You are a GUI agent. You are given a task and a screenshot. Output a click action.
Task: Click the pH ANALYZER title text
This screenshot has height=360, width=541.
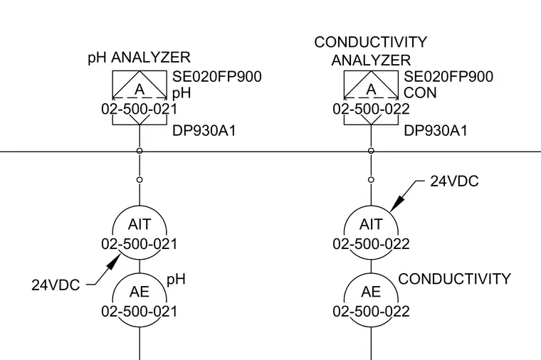coord(139,57)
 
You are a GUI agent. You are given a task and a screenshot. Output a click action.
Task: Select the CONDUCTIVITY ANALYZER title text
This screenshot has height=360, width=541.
coord(371,51)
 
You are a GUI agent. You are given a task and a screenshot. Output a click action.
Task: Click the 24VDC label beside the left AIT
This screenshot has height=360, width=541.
coord(56,285)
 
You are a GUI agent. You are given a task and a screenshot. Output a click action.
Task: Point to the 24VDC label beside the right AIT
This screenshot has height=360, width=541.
coord(454,181)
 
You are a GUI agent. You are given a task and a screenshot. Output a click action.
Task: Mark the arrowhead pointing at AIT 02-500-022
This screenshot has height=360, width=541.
coord(396,203)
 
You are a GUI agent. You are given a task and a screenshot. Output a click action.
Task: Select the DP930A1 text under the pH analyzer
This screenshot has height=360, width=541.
coord(204,131)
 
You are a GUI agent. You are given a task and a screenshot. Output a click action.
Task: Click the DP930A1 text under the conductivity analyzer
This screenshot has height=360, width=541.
coord(436,131)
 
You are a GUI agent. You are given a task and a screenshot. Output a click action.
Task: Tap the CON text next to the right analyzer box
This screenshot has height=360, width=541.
coord(420,93)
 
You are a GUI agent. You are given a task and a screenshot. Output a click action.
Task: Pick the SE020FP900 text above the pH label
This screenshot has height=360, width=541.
coord(217,77)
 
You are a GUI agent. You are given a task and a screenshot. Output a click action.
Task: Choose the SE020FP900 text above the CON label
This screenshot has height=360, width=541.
coord(448,77)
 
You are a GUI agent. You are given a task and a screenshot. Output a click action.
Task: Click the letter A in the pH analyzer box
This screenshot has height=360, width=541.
coord(140,90)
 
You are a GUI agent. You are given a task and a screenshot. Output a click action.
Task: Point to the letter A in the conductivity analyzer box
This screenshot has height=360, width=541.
coord(371,90)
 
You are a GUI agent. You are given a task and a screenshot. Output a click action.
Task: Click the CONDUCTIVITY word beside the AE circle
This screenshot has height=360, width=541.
coord(454,279)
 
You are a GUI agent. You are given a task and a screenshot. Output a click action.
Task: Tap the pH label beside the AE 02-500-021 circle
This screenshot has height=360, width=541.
coord(177,280)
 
